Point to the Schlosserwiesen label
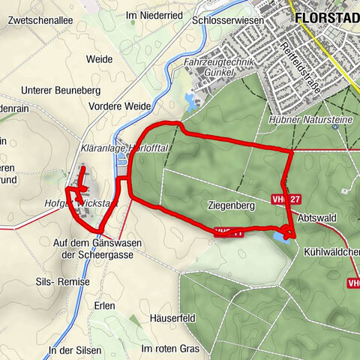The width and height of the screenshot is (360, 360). pos(225,22)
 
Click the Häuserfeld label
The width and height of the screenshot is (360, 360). pos(172,318)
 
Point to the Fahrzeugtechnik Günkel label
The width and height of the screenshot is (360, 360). pos(213,66)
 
